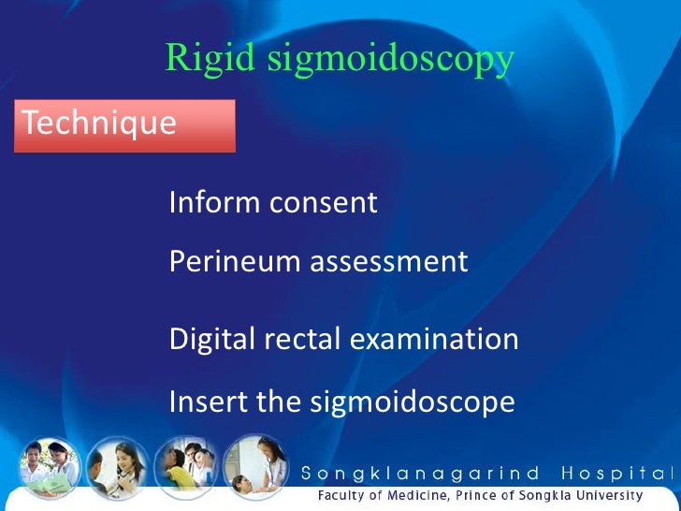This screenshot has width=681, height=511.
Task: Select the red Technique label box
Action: point(123,125)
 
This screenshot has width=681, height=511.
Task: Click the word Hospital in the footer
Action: point(620,474)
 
